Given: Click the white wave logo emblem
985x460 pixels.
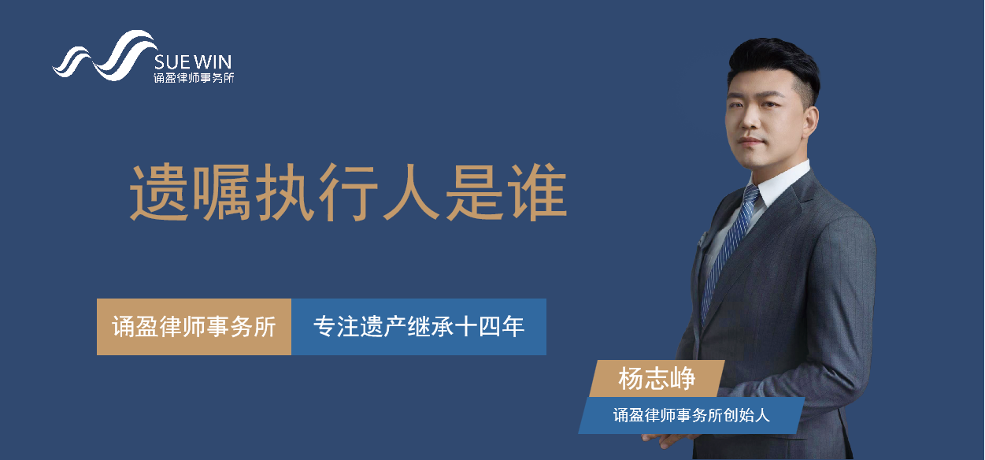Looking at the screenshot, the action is click(x=106, y=56).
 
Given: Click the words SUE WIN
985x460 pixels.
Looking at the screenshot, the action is click(x=193, y=62).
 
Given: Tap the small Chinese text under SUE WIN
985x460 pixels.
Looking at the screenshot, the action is click(x=194, y=78).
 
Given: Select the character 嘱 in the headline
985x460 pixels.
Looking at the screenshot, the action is click(x=222, y=193).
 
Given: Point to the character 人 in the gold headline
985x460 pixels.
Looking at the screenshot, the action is click(x=411, y=193).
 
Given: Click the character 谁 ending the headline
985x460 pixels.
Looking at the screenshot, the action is click(x=537, y=193).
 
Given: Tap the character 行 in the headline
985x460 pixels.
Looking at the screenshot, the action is click(x=348, y=193).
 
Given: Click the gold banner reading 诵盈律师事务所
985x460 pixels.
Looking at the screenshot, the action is click(x=194, y=327).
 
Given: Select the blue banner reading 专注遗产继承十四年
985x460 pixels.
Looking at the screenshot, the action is click(x=419, y=327).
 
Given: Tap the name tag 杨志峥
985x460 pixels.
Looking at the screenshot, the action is click(x=657, y=379).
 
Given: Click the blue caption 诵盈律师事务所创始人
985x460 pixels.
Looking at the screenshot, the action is click(x=691, y=416).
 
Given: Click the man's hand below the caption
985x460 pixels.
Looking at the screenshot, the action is click(x=671, y=440).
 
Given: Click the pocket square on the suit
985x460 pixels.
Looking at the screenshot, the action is click(x=702, y=239).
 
